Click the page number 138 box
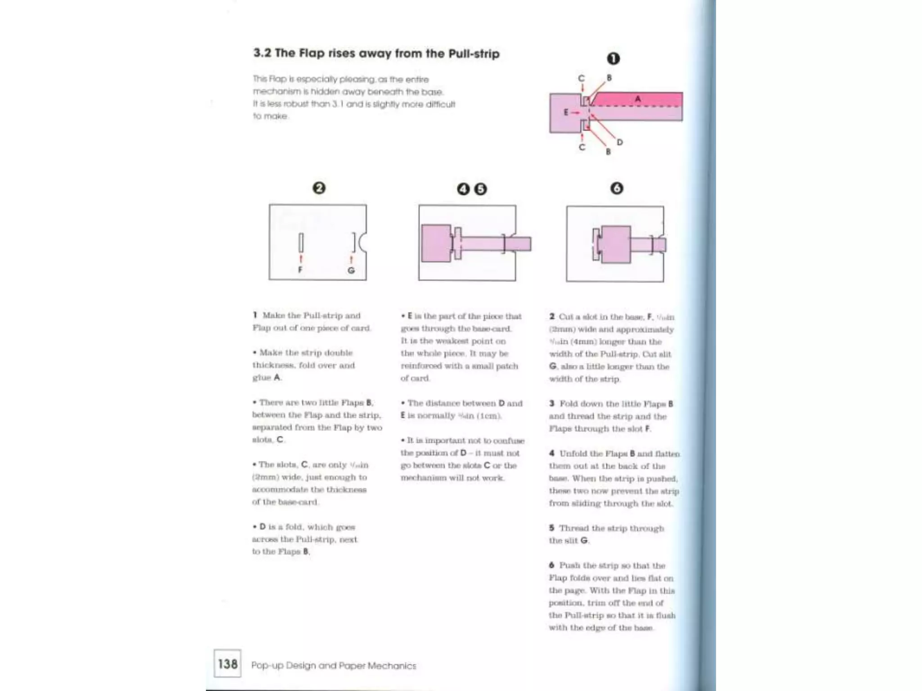pyautogui.click(x=227, y=664)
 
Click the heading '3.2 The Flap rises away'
pyautogui.click(x=376, y=54)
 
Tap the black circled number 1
pyautogui.click(x=613, y=58)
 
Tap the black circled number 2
pyautogui.click(x=319, y=188)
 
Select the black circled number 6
pyautogui.click(x=616, y=188)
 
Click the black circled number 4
pyautogui.click(x=463, y=189)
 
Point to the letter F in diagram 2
pyautogui.click(x=300, y=270)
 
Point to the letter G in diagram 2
pyautogui.click(x=351, y=270)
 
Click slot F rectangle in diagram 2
pyautogui.click(x=301, y=243)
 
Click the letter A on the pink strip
pyautogui.click(x=637, y=99)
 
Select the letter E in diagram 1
pyautogui.click(x=566, y=112)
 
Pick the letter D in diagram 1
pyautogui.click(x=620, y=142)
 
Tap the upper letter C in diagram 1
pyautogui.click(x=581, y=78)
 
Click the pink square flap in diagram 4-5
pyautogui.click(x=436, y=243)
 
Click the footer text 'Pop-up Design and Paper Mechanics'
pyautogui.click(x=334, y=665)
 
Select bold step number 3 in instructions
pyautogui.click(x=551, y=404)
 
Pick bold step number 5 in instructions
pyautogui.click(x=551, y=528)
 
